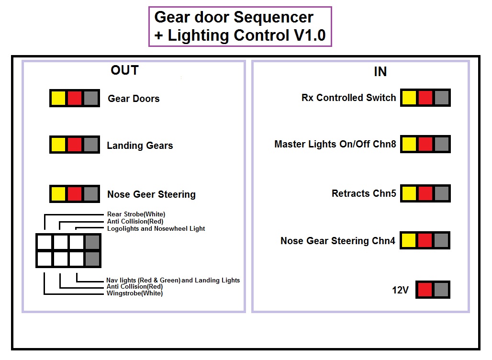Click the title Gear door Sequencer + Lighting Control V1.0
[x=240, y=26]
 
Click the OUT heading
[x=124, y=70]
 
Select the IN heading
[x=380, y=71]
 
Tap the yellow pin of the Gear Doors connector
[x=58, y=98]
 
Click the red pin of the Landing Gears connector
[x=75, y=145]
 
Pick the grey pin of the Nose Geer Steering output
[x=91, y=194]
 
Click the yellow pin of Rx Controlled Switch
[x=409, y=98]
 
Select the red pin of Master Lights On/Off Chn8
[x=425, y=144]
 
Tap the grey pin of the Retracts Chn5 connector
[x=442, y=193]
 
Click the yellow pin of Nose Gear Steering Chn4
[x=409, y=240]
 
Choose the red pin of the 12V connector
[x=425, y=290]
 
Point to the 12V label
[x=401, y=290]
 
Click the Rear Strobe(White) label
[x=136, y=214]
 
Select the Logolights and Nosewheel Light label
[x=156, y=229]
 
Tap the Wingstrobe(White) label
[x=134, y=293]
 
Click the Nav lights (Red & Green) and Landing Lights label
[x=173, y=280]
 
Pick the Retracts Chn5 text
[x=364, y=193]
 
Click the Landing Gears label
[x=140, y=146]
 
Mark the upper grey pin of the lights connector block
[x=92, y=242]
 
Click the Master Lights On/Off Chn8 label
[x=335, y=144]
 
